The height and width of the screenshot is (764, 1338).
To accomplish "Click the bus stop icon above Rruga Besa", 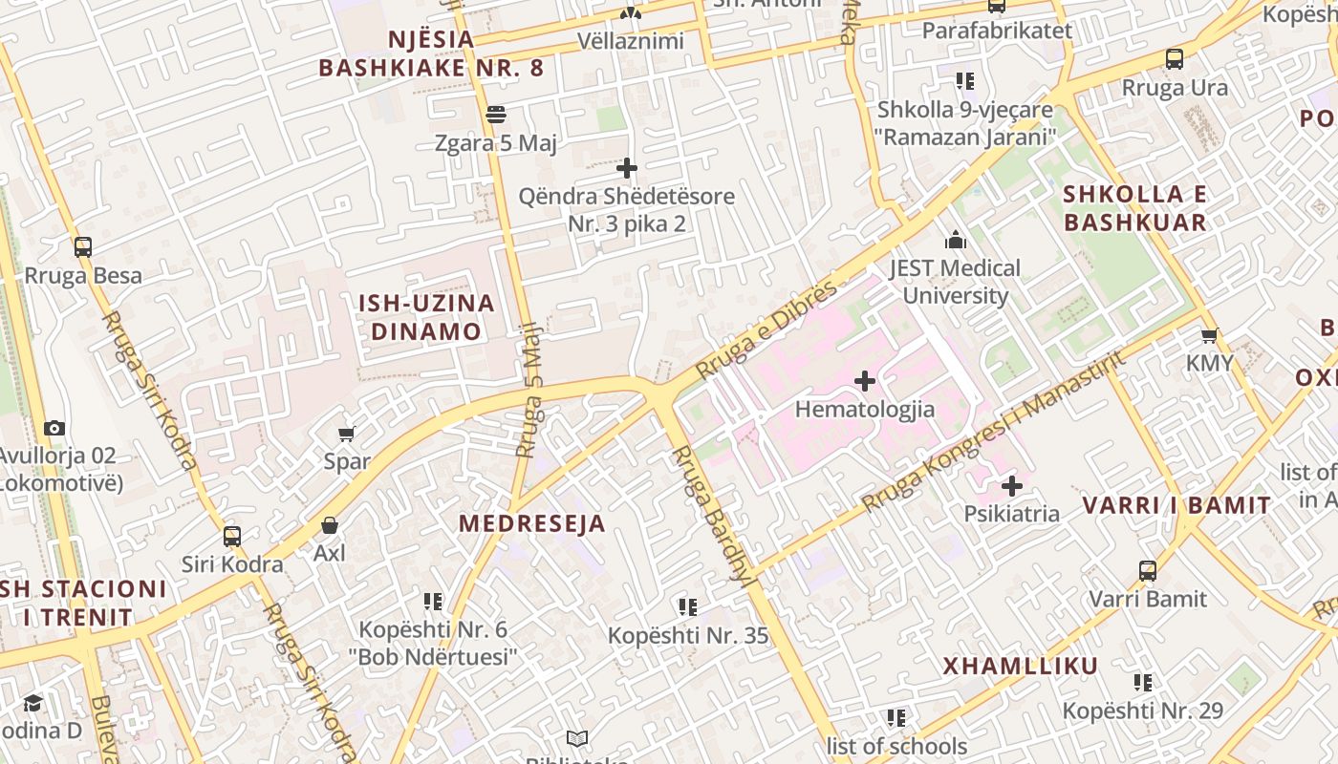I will (x=83, y=247).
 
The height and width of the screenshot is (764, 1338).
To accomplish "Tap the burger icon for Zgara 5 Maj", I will (x=495, y=115).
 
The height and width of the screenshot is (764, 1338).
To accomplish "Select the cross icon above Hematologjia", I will (x=865, y=382).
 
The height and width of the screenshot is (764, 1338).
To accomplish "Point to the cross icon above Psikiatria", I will (x=1012, y=486).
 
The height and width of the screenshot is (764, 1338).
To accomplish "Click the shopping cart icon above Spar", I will (x=347, y=435).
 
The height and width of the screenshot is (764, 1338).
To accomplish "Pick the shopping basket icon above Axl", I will (x=330, y=525).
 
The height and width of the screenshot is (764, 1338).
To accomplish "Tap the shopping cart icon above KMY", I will (x=1210, y=335).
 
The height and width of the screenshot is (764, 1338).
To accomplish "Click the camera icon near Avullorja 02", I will (x=54, y=428).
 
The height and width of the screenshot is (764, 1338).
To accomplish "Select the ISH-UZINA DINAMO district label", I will (x=426, y=317).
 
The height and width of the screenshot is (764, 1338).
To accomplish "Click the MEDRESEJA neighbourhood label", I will (x=532, y=523).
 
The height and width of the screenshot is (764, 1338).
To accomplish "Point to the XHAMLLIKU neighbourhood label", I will (x=1021, y=666).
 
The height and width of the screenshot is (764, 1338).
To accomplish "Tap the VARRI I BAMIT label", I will (x=1176, y=505).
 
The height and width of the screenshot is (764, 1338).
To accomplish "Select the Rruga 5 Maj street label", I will (x=529, y=402).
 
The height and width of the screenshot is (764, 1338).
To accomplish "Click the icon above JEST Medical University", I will (x=955, y=241).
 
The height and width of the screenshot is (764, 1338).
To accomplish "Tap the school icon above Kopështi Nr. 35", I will (x=687, y=606).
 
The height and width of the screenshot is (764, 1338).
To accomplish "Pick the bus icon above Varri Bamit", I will (x=1148, y=571).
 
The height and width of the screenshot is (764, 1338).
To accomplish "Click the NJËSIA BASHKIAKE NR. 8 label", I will (x=431, y=53).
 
